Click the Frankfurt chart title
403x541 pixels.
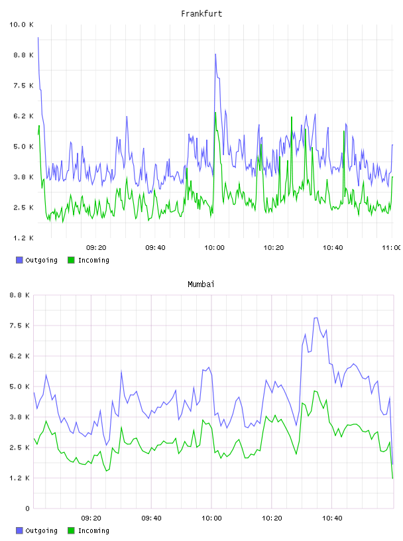[201, 14]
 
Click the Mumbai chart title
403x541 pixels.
[201, 284]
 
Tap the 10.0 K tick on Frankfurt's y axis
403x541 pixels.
[21, 25]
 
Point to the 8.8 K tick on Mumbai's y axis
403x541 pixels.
[20, 295]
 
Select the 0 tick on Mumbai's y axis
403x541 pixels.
[27, 509]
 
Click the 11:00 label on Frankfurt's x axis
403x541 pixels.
[391, 247]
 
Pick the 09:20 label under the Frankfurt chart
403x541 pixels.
[96, 247]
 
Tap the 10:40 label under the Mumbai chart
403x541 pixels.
[332, 518]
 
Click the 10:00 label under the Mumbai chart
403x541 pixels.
[211, 518]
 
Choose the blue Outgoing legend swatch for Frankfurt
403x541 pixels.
[19, 260]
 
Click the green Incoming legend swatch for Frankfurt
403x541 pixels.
[71, 260]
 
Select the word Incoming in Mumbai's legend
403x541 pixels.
[93, 530]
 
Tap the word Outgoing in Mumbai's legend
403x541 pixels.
[41, 530]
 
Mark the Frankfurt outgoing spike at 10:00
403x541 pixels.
[215, 54]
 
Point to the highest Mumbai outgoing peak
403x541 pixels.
[316, 318]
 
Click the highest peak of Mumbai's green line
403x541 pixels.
[314, 391]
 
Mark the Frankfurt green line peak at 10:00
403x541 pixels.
[215, 113]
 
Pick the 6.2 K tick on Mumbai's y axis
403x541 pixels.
[20, 356]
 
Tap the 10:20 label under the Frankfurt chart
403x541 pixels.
[274, 247]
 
